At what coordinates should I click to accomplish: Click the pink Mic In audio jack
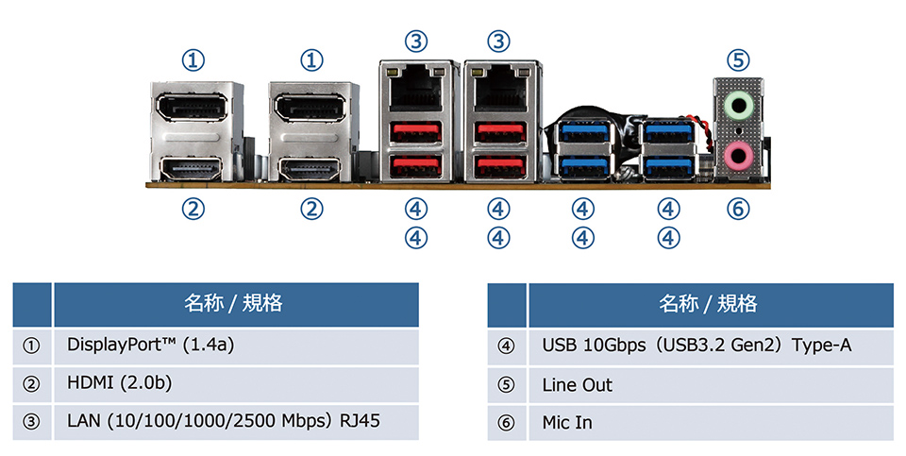pos(739,153)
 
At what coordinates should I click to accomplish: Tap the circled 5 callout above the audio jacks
pos(739,60)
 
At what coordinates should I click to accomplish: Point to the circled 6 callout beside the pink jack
pos(739,209)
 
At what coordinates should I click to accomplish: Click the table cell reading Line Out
pos(711,385)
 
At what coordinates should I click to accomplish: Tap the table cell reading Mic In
pos(711,422)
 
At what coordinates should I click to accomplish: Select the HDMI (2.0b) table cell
pos(236,384)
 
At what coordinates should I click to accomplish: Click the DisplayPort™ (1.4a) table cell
pos(236,345)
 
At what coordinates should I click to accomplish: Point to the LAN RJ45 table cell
pos(236,421)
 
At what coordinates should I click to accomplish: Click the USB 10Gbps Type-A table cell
pos(711,346)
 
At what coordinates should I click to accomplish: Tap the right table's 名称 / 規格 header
pos(709,304)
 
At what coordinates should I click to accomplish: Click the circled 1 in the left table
pos(32,346)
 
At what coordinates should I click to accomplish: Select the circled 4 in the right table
pos(507,346)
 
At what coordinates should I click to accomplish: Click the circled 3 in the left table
pos(32,422)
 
